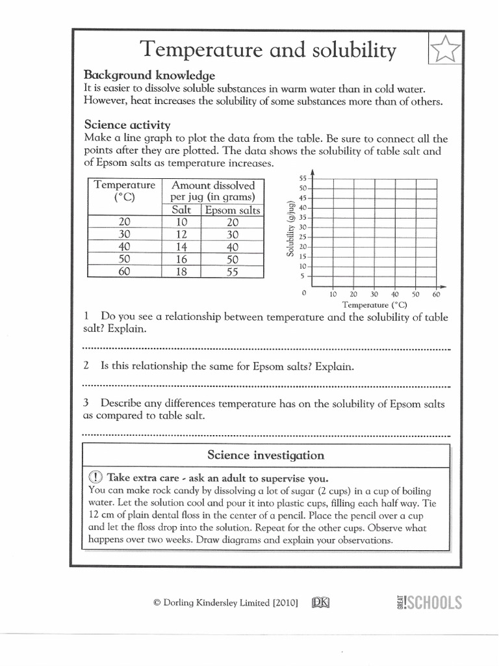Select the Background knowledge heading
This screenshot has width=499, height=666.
149,75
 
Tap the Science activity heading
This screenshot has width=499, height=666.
127,124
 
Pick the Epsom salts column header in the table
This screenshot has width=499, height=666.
233,210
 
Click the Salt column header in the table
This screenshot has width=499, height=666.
182,210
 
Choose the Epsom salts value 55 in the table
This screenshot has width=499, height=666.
233,272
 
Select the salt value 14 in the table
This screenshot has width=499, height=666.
182,247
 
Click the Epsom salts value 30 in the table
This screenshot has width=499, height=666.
233,235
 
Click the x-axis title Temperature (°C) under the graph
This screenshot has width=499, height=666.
374,304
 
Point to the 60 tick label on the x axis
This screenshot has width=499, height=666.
436,294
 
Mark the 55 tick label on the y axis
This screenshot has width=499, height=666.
303,178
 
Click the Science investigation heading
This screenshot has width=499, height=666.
266,455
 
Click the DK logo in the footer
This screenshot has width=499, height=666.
321,603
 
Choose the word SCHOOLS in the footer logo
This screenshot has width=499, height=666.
435,603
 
